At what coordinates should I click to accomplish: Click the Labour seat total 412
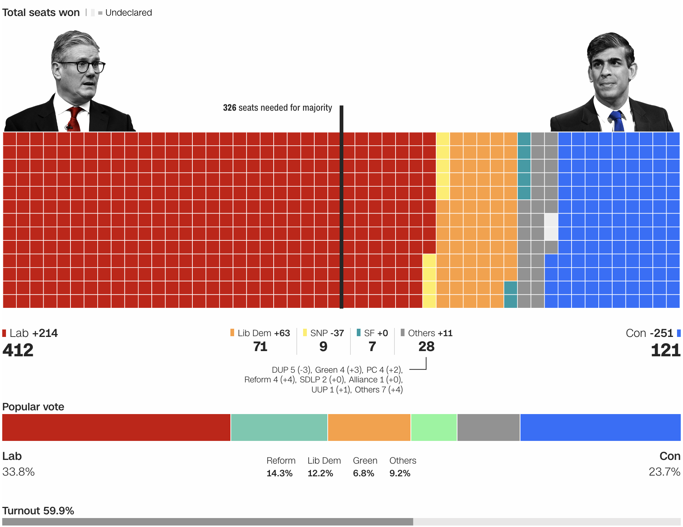click(x=18, y=350)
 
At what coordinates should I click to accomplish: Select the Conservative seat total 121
click(x=665, y=350)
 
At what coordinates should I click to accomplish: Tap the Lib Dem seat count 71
click(x=260, y=347)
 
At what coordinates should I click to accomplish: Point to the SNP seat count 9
click(x=323, y=347)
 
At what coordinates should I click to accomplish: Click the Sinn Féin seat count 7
click(x=372, y=347)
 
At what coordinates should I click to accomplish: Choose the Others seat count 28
click(x=426, y=347)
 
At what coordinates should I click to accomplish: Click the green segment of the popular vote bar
click(x=434, y=427)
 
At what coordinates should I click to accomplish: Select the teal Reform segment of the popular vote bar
click(x=279, y=427)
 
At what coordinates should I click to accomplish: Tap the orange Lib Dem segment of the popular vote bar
click(x=369, y=427)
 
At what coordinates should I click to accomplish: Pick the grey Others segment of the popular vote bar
click(x=488, y=427)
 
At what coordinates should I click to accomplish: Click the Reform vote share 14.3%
click(x=280, y=473)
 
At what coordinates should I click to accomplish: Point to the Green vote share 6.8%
click(x=363, y=473)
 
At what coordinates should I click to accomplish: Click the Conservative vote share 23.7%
click(x=664, y=472)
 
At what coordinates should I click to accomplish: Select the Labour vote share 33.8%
click(x=19, y=472)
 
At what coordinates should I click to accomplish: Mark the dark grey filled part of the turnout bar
click(x=207, y=521)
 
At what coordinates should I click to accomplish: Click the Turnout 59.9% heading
click(x=38, y=511)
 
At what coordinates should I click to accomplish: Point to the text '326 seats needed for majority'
click(x=277, y=108)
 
